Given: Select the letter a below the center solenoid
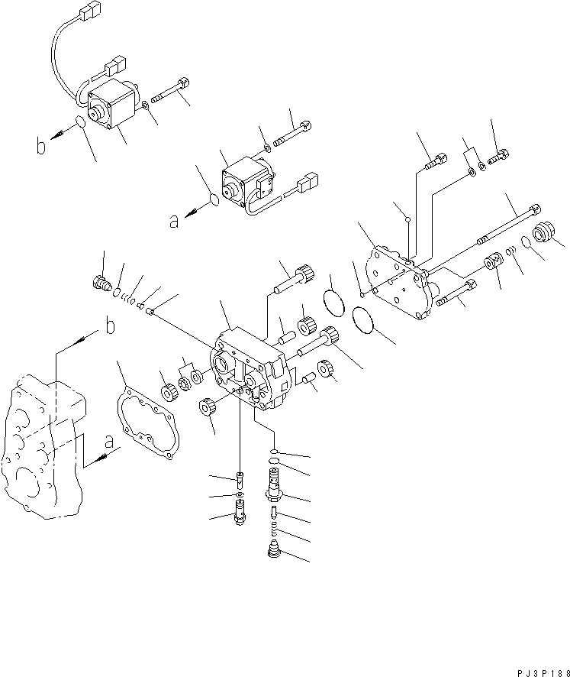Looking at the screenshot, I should tap(175, 221).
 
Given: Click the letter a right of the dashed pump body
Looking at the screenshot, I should tap(110, 442).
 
